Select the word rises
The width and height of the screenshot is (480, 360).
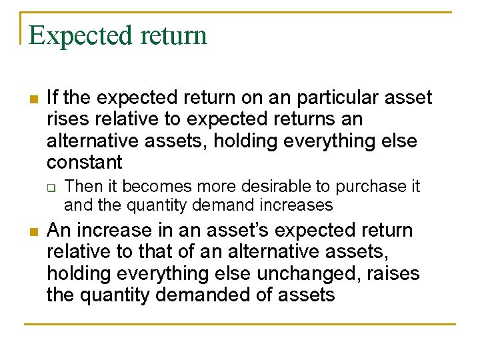(x=68, y=119)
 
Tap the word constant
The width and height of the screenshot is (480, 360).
(x=85, y=162)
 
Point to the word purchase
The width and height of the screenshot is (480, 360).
(x=369, y=186)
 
